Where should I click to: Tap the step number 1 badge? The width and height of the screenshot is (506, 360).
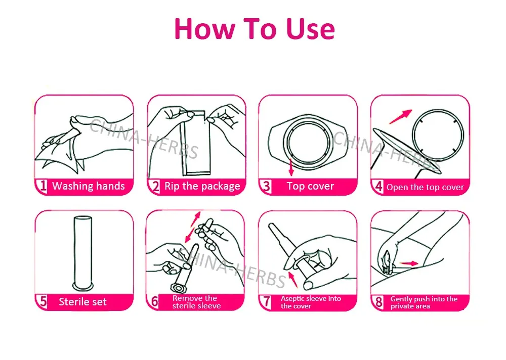point(43,186)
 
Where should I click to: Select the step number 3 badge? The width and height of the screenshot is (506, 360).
point(266,187)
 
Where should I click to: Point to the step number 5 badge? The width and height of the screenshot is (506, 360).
point(43,302)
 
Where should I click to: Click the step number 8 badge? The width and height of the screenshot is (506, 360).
point(378,302)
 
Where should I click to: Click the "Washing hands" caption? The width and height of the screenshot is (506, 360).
point(89,186)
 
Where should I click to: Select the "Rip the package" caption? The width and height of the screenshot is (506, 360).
point(202,186)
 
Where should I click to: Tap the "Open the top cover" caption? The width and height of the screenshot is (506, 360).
point(425,188)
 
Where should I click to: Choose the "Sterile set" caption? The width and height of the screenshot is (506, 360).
point(82,302)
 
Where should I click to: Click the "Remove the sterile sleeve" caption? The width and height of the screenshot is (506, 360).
point(196,302)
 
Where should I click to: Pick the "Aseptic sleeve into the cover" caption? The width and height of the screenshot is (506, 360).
point(311,302)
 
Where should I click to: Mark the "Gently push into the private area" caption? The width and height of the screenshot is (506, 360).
point(424,302)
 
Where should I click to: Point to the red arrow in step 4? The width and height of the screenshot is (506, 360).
point(400,116)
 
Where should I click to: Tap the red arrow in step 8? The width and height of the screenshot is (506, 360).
point(409,263)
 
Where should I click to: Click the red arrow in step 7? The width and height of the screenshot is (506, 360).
point(292,280)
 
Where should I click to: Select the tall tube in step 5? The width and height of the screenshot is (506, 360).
point(83,253)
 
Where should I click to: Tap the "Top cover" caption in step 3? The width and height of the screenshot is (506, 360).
point(311,186)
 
